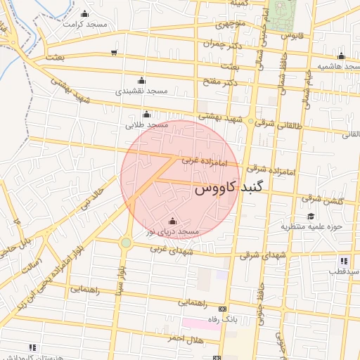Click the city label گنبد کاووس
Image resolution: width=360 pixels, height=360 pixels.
[x=228, y=189]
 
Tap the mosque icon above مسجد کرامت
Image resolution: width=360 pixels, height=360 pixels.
[x=86, y=13]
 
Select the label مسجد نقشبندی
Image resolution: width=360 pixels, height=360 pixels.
[x=142, y=91]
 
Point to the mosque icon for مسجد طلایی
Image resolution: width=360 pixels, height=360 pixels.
[x=146, y=115]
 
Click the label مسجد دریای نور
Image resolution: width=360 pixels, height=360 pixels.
[x=173, y=231]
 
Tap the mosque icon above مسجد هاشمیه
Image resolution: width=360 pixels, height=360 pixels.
[x=341, y=56]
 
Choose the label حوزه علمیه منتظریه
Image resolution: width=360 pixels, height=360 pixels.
[x=311, y=227]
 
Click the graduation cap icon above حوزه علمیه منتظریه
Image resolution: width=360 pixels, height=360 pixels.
[x=311, y=216]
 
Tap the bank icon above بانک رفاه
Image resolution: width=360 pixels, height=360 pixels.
[x=223, y=309]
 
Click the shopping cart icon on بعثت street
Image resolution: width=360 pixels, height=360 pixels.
[x=114, y=53]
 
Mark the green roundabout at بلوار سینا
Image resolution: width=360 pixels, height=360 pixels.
[x=125, y=243]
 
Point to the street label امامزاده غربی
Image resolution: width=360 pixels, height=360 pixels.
[x=205, y=161]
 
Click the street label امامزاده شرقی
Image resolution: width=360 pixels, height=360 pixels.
[x=271, y=169]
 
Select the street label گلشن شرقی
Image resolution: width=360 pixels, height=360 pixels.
[x=325, y=201]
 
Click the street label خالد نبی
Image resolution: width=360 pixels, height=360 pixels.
[x=94, y=196]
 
